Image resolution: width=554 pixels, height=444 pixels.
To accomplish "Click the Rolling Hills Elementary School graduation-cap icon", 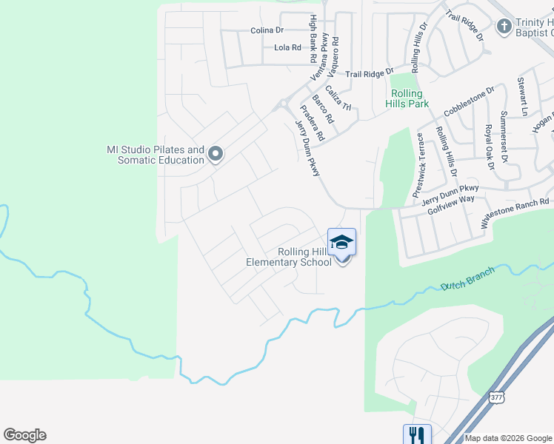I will click(x=341, y=242).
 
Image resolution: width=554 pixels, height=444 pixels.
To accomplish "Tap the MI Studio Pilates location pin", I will click(x=216, y=154).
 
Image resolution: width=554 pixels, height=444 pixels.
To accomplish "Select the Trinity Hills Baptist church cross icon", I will click(x=504, y=27).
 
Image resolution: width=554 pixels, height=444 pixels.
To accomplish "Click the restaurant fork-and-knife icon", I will click(x=416, y=434).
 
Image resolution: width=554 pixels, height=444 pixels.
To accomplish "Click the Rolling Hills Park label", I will click(x=407, y=98).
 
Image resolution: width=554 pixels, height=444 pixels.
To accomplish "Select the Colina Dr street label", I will click(x=267, y=30).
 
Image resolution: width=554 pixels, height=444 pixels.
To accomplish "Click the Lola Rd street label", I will click(x=287, y=47).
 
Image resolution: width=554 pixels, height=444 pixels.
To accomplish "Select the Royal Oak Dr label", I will click(x=488, y=147).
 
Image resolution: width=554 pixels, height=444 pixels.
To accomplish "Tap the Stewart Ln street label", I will click(x=522, y=95).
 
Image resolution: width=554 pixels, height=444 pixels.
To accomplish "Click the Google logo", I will click(x=24, y=435).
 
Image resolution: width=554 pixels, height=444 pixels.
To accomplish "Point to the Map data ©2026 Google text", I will click(x=508, y=438).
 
